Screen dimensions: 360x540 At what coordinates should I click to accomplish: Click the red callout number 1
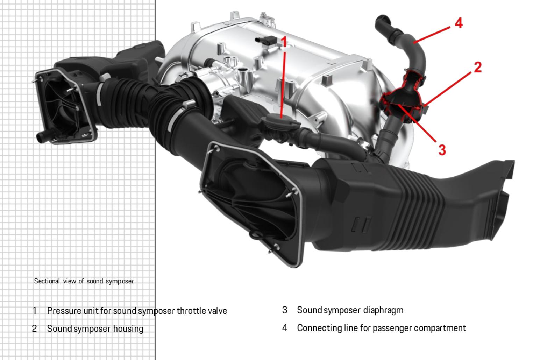coord(284,42)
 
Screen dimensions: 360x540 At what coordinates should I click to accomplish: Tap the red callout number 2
coord(477,67)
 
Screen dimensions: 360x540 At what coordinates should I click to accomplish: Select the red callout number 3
coord(442,150)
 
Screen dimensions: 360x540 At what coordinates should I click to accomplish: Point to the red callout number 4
coord(459,23)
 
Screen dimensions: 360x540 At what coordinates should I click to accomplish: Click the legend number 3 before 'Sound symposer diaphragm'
coord(285,310)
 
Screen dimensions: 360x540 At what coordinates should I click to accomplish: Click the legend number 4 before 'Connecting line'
coord(285,328)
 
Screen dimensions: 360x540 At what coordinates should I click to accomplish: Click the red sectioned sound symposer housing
coord(402,101)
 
